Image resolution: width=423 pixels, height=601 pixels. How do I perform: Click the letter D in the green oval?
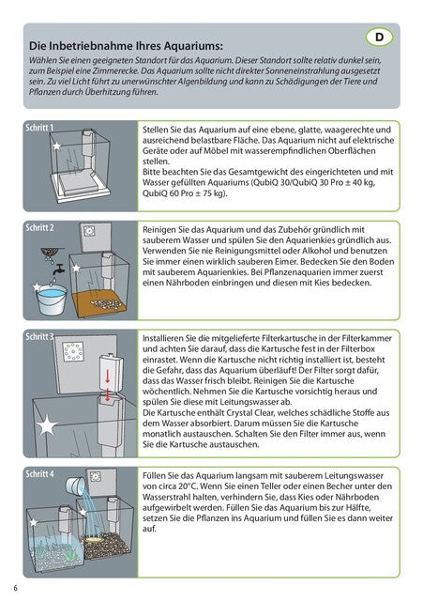[x=379, y=38]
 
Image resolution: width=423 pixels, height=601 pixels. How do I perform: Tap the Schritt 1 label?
[x=39, y=128]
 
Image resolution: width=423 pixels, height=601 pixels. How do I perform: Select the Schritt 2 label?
[x=39, y=227]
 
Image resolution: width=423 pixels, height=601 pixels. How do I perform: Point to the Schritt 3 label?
[x=39, y=336]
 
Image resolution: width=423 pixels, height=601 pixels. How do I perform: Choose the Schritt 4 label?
[x=39, y=473]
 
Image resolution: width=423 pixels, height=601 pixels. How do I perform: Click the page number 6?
[x=15, y=588]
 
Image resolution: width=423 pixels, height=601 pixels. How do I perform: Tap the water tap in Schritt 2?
[x=59, y=270]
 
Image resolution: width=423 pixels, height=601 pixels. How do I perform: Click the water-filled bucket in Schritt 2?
[x=52, y=300]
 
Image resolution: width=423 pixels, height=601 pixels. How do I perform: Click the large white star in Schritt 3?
[x=46, y=425]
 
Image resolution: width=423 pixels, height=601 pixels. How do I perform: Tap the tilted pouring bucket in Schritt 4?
[x=75, y=486]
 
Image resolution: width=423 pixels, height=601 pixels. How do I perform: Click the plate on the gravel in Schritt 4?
[x=95, y=538]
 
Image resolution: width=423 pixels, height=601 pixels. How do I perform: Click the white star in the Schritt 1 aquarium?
[x=56, y=146]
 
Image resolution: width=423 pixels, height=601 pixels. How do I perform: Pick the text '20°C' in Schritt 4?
[x=189, y=486]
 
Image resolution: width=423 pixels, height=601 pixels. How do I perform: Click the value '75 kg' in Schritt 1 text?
[x=215, y=193]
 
